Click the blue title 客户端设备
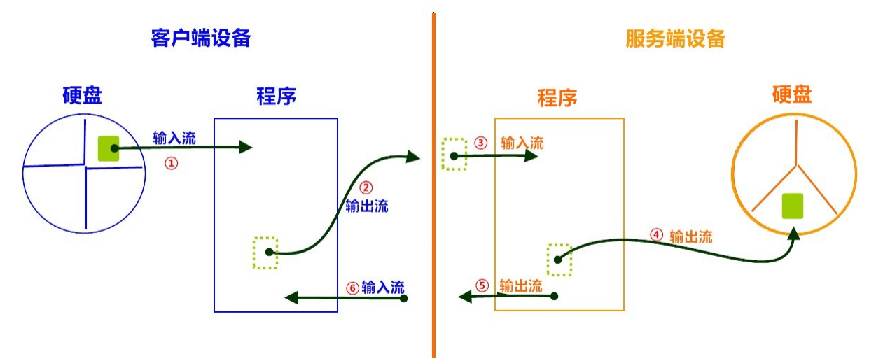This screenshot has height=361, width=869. coord(200,38)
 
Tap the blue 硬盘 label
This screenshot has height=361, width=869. coord(82,96)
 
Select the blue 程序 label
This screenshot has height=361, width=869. coord(276,97)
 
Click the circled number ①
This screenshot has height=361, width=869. coord(171,163)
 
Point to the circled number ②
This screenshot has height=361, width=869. coord(366,187)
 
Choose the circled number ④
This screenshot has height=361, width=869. coord(656,236)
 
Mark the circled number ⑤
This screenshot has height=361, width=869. coord(481,285)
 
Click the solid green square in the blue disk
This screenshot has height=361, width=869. coord(108,148)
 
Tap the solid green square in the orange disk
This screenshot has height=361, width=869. coord(792,206)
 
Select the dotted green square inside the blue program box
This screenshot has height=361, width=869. coord(265,253)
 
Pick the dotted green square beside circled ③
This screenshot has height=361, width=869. coord(454,154)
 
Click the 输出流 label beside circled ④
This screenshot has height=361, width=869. coord(690,236)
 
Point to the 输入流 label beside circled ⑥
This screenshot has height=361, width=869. coord(383,288)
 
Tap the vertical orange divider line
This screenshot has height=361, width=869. coord(433,210)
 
